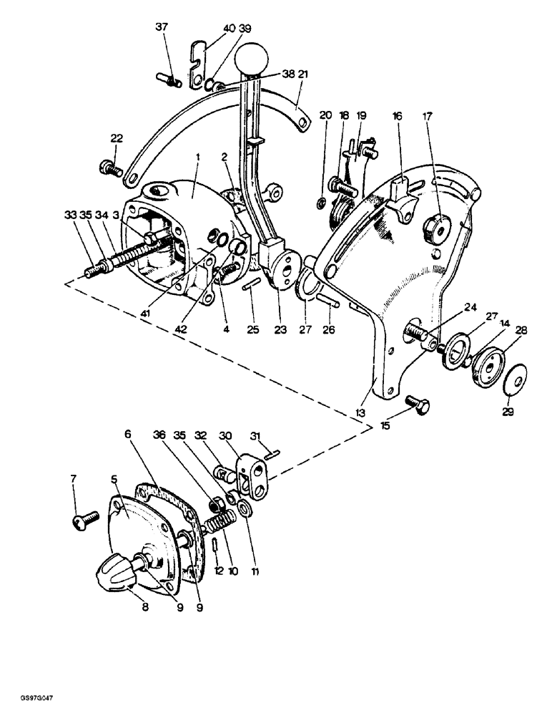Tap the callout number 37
[x=162, y=28]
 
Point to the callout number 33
[x=69, y=213]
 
